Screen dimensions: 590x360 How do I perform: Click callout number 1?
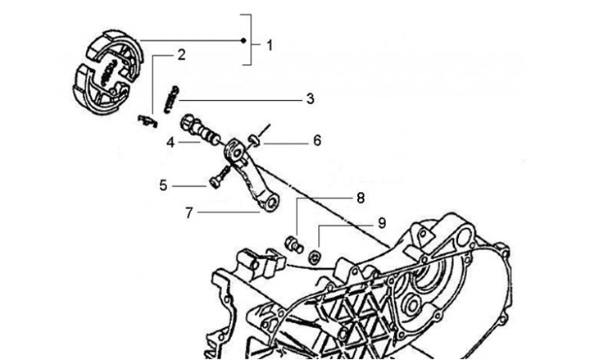point(270,44)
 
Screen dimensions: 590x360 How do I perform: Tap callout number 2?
point(181,55)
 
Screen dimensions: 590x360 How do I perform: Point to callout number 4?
point(170,142)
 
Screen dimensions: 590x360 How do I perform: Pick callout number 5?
point(164,185)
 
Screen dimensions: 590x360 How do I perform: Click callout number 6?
point(315,140)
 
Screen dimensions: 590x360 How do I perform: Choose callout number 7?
point(189,212)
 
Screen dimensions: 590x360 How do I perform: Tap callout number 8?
point(361,198)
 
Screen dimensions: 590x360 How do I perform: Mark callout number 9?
point(381,222)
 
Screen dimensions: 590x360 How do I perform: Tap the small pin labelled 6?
point(256,140)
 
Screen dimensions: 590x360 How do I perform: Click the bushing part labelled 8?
point(292,242)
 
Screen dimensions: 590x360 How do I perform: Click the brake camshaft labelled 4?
point(201,130)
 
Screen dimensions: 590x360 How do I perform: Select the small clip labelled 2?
point(147,120)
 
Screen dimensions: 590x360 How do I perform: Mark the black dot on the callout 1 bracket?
point(243,40)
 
